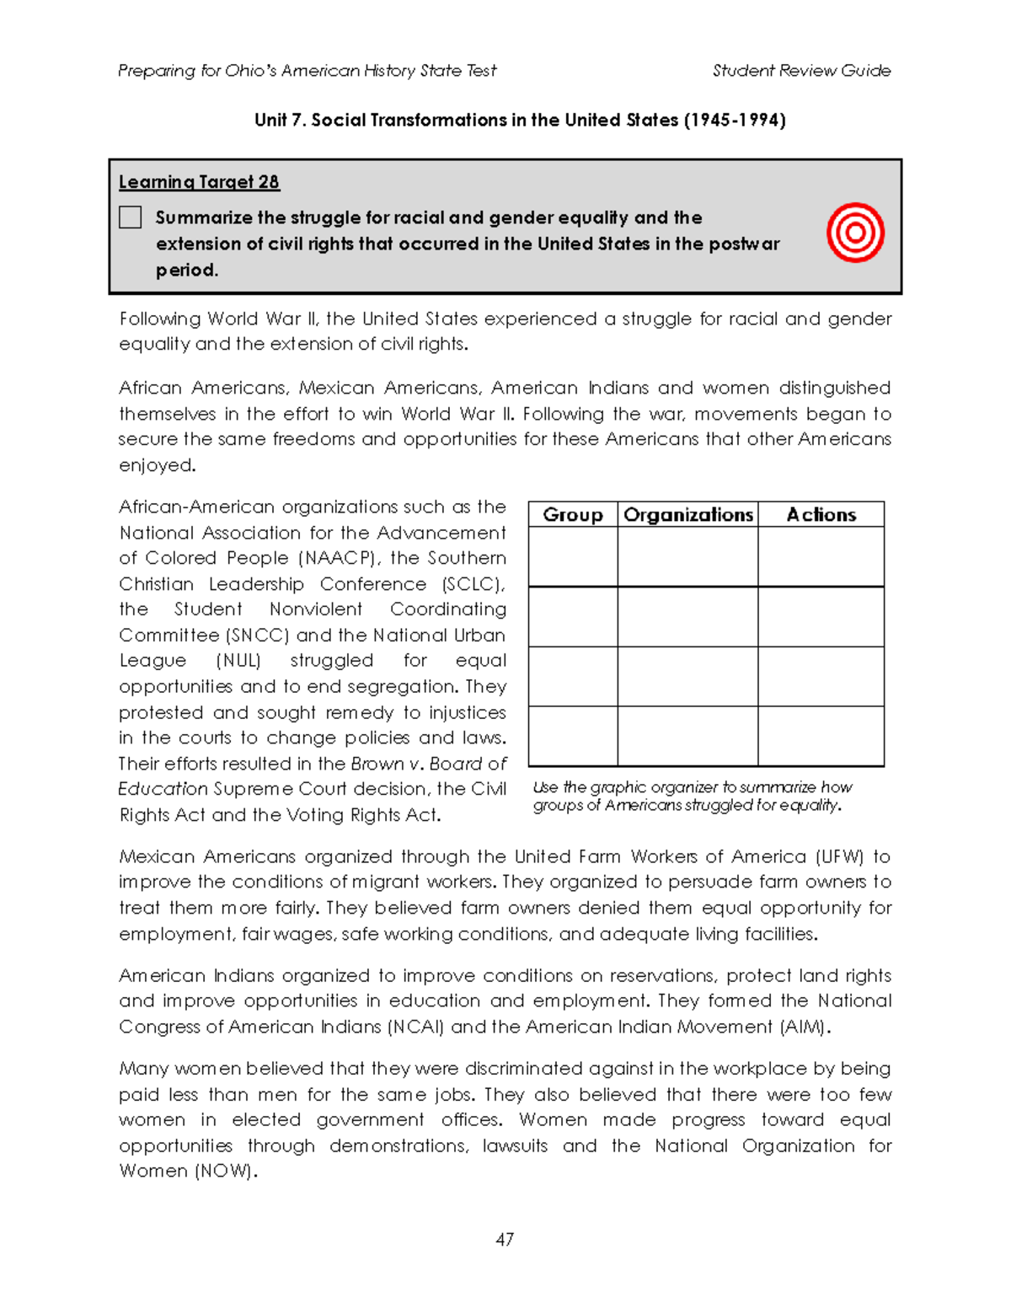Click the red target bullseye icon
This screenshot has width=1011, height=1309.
pyautogui.click(x=855, y=233)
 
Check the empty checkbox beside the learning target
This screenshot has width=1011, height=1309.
pyautogui.click(x=131, y=217)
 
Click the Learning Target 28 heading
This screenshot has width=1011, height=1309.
pyautogui.click(x=199, y=182)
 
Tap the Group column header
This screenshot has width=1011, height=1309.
pyautogui.click(x=573, y=515)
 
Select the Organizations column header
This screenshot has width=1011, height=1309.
pyautogui.click(x=687, y=515)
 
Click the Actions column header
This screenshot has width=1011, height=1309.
pyautogui.click(x=821, y=515)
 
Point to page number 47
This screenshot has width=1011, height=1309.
pyautogui.click(x=505, y=1239)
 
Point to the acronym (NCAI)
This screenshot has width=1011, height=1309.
pyautogui.click(x=415, y=1027)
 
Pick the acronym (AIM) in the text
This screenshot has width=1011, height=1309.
pyautogui.click(x=805, y=1027)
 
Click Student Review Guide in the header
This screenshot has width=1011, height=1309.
pyautogui.click(x=801, y=71)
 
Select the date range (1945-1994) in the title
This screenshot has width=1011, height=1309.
pyautogui.click(x=734, y=121)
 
